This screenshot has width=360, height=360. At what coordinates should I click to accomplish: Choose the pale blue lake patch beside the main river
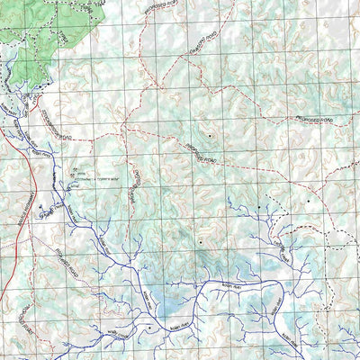coord(171,310)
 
